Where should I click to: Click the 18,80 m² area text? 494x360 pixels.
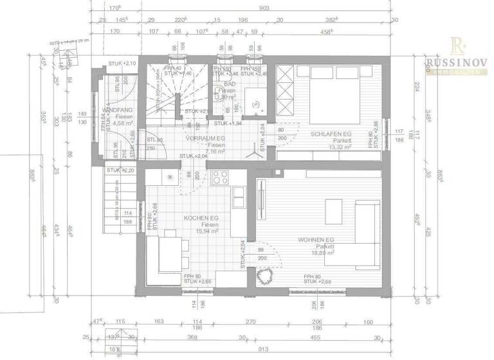click(x=322, y=253)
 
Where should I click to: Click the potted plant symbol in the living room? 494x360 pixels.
click(x=263, y=277)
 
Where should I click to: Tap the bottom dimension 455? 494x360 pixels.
click(x=334, y=336)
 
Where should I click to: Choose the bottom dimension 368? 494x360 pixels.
click(x=191, y=336)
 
